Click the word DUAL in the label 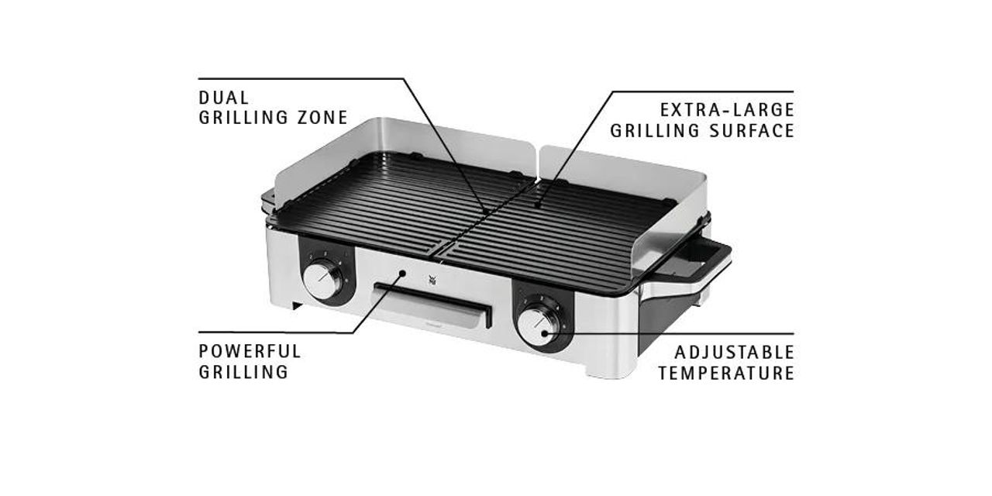pos(224,98)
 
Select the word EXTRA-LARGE pos(727,110)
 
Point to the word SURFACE pos(752,131)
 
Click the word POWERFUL pos(250,352)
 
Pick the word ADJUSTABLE pos(734,353)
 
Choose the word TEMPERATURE pos(726,374)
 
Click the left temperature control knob pos(323,281)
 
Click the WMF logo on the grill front pos(432,279)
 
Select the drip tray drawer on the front pos(432,305)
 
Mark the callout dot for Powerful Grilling pos(402,274)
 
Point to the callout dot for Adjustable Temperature pos(545,333)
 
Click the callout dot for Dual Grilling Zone pos(486,212)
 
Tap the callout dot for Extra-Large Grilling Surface pos(538,205)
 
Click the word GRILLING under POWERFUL pos(243,372)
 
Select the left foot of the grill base pos(298,305)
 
